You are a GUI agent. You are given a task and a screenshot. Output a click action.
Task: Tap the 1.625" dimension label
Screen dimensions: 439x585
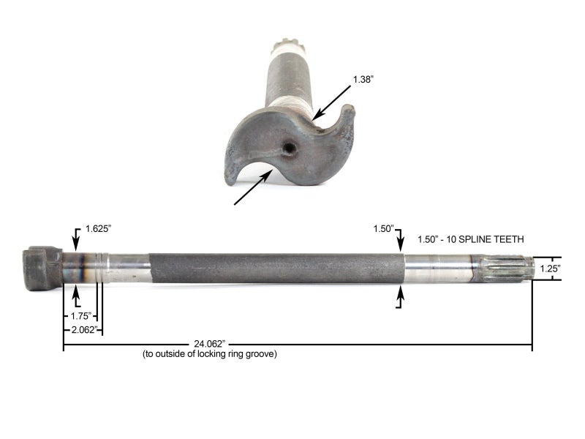(97, 228)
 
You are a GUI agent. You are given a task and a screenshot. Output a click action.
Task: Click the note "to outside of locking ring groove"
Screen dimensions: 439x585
(209, 354)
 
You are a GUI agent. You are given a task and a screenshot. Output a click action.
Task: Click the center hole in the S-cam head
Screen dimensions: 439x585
(290, 148)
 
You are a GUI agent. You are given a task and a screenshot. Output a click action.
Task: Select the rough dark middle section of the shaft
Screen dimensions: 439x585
(276, 268)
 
